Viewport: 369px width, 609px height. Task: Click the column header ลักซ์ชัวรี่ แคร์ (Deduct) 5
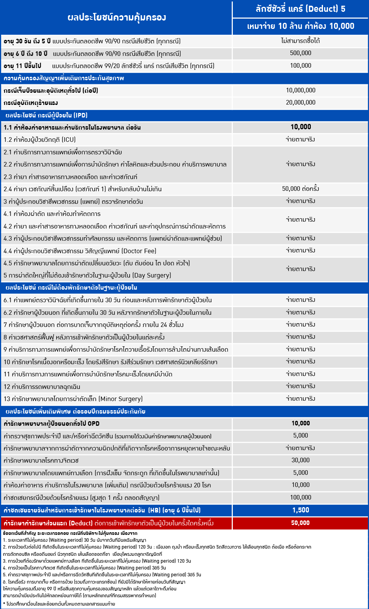[300, 9]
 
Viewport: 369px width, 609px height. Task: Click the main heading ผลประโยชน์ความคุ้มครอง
[116, 17]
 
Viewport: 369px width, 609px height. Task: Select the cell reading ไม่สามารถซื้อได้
[300, 41]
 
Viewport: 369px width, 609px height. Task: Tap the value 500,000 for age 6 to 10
[300, 53]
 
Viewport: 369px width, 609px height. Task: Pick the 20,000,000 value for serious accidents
[300, 102]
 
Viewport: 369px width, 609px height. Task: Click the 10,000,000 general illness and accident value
[300, 90]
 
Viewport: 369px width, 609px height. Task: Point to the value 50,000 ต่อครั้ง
[300, 189]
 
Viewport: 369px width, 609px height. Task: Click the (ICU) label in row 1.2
[68, 140]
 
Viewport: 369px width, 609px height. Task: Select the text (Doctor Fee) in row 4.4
[139, 251]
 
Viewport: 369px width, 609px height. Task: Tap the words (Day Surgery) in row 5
[152, 275]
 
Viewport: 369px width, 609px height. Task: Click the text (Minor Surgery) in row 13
[121, 399]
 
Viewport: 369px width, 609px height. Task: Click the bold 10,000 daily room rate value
[300, 127]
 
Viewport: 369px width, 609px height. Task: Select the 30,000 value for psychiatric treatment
[300, 460]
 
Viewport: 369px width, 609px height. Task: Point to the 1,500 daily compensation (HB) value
[300, 510]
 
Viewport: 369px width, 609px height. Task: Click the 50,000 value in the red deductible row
[300, 523]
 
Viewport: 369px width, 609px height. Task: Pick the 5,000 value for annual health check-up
[300, 436]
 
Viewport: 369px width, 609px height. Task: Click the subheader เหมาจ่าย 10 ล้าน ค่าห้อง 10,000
[300, 26]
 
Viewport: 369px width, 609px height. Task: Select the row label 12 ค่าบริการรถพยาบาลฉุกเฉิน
[42, 387]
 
